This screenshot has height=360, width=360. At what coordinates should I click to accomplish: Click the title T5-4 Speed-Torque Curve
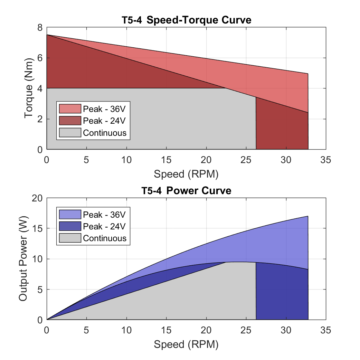coord(186,20)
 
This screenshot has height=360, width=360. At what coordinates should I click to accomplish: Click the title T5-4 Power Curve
coord(186,190)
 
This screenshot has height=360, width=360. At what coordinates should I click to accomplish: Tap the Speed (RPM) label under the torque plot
coord(186,174)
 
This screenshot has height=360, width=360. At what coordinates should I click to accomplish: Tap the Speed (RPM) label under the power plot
coord(186,344)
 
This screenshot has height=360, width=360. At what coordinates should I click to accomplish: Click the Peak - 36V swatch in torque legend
coord(70,109)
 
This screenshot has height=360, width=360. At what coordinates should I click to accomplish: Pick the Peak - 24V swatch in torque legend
coord(70,121)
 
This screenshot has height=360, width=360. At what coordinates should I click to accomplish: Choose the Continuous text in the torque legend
coord(105,133)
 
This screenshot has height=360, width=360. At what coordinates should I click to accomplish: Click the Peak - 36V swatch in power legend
coord(70,215)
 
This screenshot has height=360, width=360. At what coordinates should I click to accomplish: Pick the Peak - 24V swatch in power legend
coord(70,226)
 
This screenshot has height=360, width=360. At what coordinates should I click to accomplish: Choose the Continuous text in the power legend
coord(105,238)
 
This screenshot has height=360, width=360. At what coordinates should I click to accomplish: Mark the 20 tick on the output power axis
coord(37,198)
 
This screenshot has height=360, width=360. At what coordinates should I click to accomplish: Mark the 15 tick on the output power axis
coord(37,228)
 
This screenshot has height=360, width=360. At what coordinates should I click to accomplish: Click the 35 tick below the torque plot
coord(326,160)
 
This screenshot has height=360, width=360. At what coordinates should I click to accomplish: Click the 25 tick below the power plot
coord(246,330)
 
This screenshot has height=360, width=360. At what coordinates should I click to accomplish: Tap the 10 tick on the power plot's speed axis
coord(126,330)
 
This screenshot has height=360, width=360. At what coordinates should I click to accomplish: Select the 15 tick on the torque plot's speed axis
coord(166,160)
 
